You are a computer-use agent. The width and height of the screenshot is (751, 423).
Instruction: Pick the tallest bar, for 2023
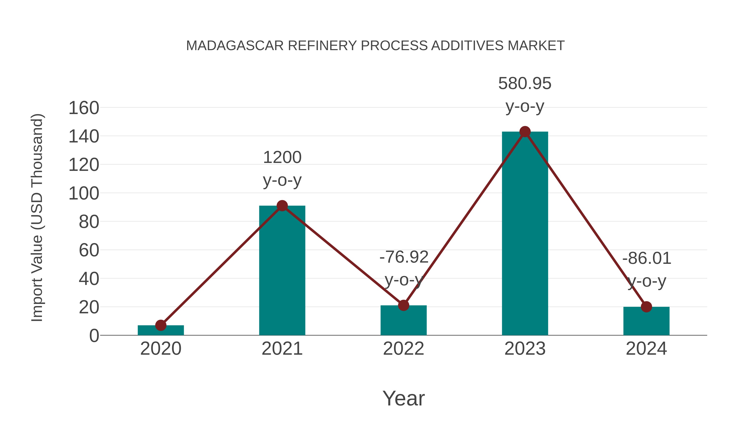[x=525, y=234]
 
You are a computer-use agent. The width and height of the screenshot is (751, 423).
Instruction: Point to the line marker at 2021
[x=282, y=206]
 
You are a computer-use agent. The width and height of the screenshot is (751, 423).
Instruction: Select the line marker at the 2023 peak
[x=525, y=132]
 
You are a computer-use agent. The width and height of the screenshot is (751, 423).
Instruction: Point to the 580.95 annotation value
[x=525, y=84]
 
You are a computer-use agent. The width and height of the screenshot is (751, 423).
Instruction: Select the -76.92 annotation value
[x=404, y=257]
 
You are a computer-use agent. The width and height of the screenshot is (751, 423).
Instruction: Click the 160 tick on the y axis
[x=84, y=108]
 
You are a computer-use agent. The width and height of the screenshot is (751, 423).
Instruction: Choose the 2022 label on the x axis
[x=403, y=349]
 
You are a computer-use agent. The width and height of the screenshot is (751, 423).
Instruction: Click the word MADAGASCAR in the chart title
[x=235, y=46]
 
